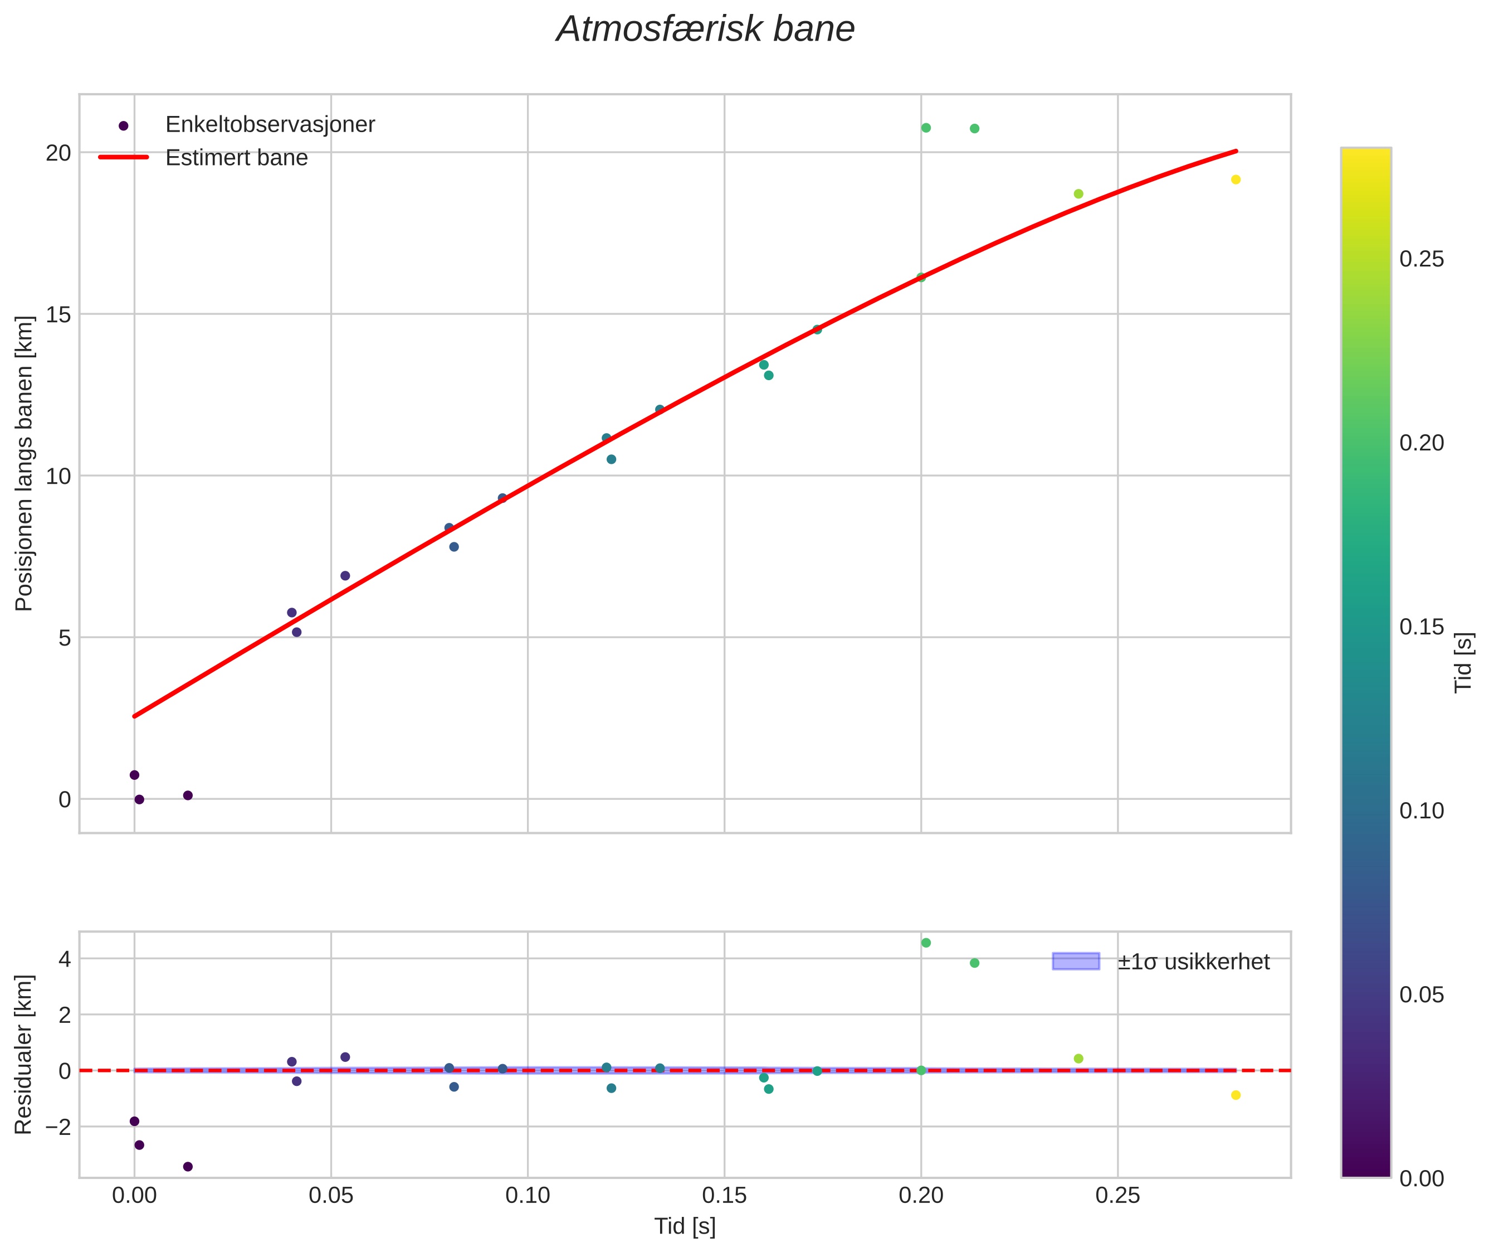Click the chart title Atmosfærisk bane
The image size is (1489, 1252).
pyautogui.click(x=705, y=30)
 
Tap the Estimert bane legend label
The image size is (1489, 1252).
pyautogui.click(x=236, y=158)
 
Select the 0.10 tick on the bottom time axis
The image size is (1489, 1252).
pyautogui.click(x=528, y=1196)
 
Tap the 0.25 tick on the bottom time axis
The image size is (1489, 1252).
pyautogui.click(x=1118, y=1196)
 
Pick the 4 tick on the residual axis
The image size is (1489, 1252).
pyautogui.click(x=65, y=959)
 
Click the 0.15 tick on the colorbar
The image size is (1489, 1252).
pyautogui.click(x=1422, y=627)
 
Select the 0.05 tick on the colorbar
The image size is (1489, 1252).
pyautogui.click(x=1422, y=995)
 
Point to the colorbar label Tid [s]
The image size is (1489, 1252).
pyautogui.click(x=1464, y=662)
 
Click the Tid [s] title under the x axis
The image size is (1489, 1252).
pyautogui.click(x=685, y=1226)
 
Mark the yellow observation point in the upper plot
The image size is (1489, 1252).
pyautogui.click(x=1236, y=179)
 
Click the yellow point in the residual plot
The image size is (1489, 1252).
pyautogui.click(x=1236, y=1095)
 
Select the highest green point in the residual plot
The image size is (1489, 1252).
pyautogui.click(x=926, y=943)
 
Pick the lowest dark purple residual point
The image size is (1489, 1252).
pyautogui.click(x=188, y=1166)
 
